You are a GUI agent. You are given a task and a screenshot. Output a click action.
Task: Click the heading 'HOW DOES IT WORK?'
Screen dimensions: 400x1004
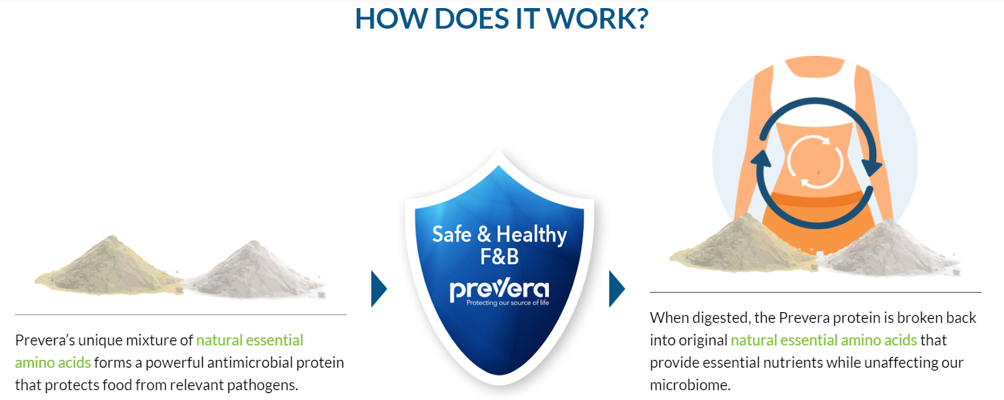click(x=501, y=19)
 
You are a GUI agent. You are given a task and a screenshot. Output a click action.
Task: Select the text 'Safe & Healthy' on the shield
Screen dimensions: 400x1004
click(x=499, y=234)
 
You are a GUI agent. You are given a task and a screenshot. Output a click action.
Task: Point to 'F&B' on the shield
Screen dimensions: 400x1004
click(x=499, y=257)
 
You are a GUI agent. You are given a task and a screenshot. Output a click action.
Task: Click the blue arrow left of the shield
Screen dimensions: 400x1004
click(x=378, y=289)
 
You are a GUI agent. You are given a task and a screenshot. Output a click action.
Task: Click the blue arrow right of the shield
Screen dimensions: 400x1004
click(x=616, y=289)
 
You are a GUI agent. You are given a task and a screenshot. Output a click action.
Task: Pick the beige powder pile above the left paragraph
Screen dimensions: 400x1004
click(x=110, y=267)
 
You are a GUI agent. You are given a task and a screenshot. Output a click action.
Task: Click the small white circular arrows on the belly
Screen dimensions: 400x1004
click(x=816, y=161)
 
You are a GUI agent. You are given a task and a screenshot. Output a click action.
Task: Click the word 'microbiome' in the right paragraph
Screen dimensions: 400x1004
click(x=689, y=385)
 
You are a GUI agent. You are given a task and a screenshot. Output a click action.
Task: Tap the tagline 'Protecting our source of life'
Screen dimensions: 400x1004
click(x=508, y=303)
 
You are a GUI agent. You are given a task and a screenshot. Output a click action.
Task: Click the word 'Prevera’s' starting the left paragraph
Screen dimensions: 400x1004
click(x=45, y=340)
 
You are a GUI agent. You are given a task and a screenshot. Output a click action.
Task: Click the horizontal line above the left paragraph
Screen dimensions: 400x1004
click(x=181, y=315)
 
